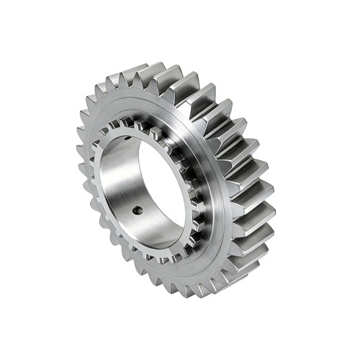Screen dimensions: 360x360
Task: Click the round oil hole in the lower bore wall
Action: click(x=137, y=211)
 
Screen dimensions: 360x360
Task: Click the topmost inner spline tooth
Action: click(x=144, y=120)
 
